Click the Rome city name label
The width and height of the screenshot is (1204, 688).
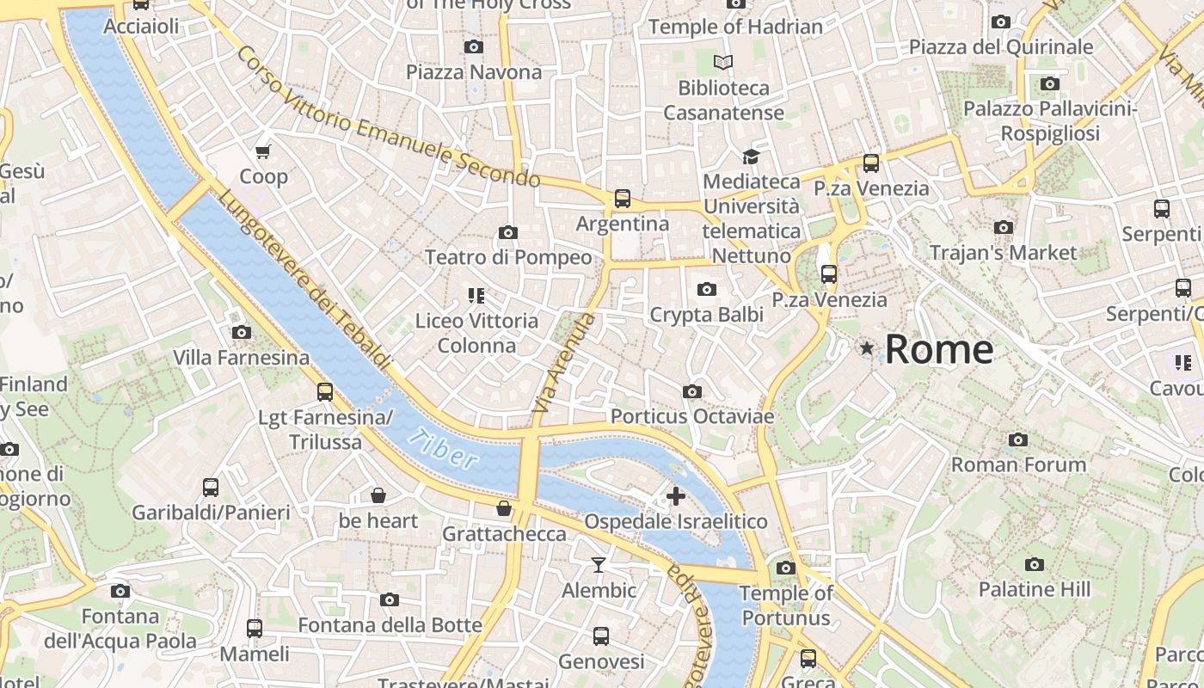pyautogui.click(x=938, y=349)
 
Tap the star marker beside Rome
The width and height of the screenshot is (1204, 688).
pyautogui.click(x=867, y=348)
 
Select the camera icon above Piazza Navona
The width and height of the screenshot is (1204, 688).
pyautogui.click(x=473, y=46)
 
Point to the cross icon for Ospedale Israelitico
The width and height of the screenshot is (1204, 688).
pyautogui.click(x=676, y=495)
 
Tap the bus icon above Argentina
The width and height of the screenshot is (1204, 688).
pyautogui.click(x=623, y=199)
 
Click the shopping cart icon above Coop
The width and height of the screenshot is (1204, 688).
pyautogui.click(x=263, y=151)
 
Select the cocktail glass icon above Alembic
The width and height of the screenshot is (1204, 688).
pyautogui.click(x=599, y=565)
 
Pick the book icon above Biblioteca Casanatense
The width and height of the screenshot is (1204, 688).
pyautogui.click(x=723, y=62)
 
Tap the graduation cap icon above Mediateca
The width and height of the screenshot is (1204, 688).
pyautogui.click(x=751, y=157)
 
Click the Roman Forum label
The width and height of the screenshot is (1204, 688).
pyautogui.click(x=1018, y=464)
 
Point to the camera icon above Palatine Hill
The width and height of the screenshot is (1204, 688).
pyautogui.click(x=1035, y=564)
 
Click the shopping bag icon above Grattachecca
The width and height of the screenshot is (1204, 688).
pyautogui.click(x=504, y=508)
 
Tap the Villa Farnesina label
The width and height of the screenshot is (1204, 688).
pyautogui.click(x=241, y=357)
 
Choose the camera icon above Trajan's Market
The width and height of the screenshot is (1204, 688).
pyautogui.click(x=1003, y=228)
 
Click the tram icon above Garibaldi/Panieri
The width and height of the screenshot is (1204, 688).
pyautogui.click(x=211, y=488)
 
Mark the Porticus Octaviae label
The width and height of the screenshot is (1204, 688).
pyautogui.click(x=691, y=416)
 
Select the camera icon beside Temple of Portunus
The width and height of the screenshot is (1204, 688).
pyautogui.click(x=785, y=568)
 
